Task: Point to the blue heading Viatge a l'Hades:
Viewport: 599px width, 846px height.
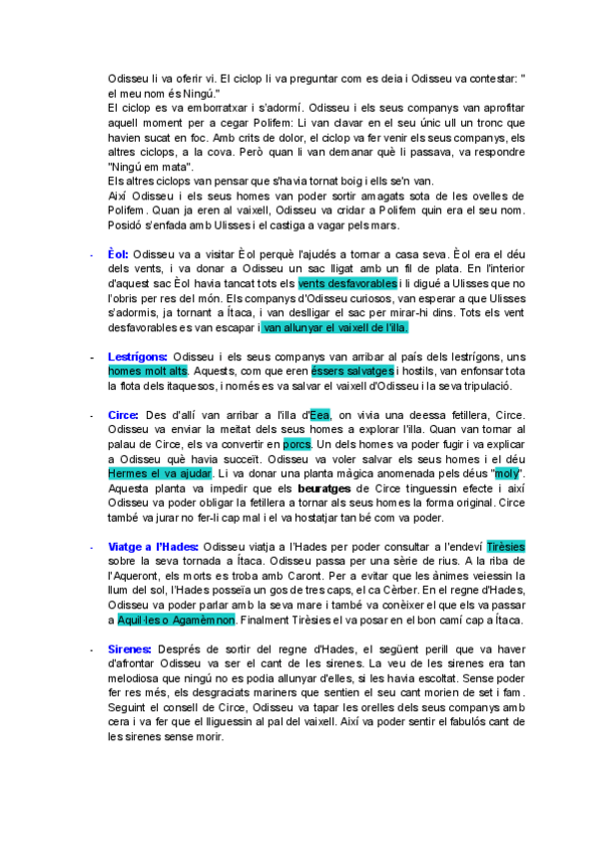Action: [154, 547]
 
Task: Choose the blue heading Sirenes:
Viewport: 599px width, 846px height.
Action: [129, 649]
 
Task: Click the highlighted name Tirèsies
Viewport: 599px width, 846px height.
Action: [505, 547]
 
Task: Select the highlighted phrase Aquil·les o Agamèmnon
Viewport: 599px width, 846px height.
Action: [176, 620]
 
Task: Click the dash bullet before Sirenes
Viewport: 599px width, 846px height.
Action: [91, 649]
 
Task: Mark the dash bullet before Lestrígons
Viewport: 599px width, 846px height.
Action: [91, 357]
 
